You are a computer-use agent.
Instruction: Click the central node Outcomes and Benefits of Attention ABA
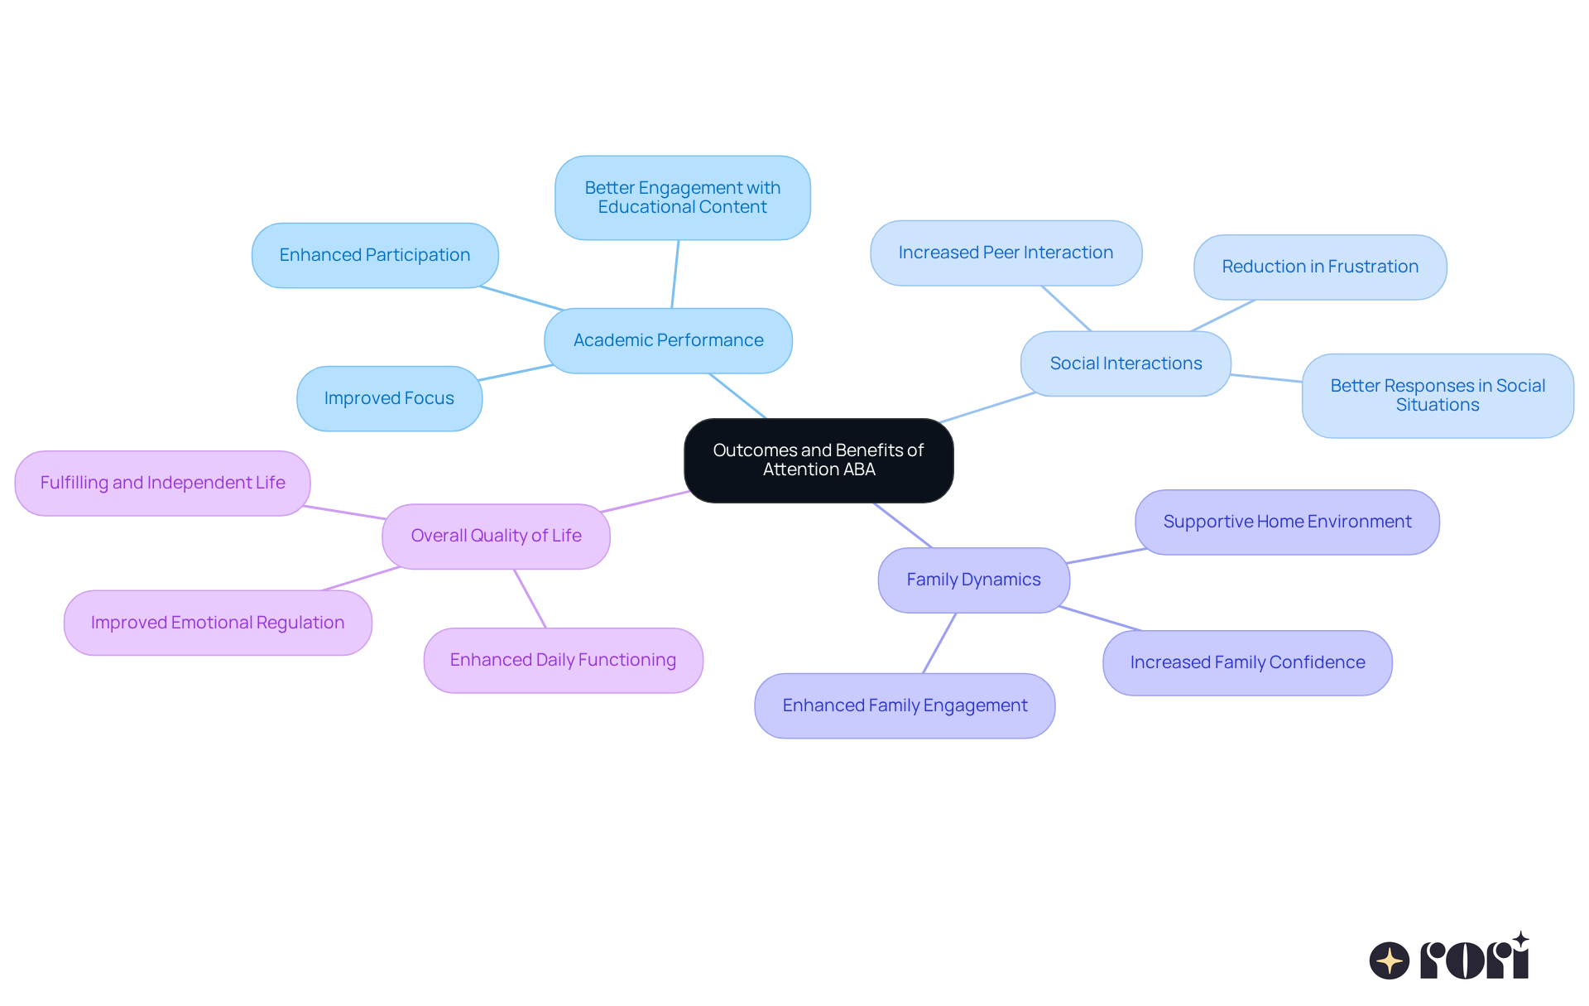819,460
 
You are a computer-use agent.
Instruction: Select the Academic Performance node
668,340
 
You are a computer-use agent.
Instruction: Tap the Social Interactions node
1126,363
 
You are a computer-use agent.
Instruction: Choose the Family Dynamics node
973,580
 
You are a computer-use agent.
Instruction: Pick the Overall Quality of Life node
496,536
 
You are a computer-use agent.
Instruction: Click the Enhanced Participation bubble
375,255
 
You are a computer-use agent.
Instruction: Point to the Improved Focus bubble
389,398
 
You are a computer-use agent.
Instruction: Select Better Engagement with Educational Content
682,198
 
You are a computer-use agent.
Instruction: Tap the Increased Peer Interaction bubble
1006,253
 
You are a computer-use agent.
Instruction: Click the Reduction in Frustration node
1320,267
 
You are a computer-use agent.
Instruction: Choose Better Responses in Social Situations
1438,396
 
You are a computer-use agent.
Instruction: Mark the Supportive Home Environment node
1287,522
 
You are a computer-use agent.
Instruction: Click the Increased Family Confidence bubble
1247,662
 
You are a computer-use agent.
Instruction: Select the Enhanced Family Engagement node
905,705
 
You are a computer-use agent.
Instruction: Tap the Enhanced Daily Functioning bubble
563,660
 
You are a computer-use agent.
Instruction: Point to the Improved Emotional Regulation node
218,623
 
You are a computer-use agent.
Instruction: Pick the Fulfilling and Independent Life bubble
162,483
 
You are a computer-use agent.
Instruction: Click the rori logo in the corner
1449,958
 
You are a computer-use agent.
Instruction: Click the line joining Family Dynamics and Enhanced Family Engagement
939,643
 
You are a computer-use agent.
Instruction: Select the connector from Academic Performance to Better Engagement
675,274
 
